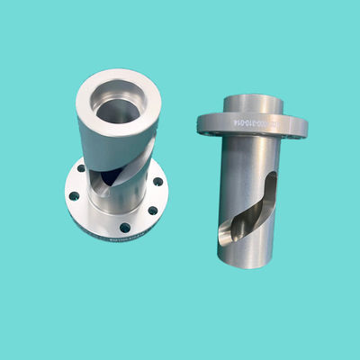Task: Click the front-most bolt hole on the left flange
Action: click(124, 224)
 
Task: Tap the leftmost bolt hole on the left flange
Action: click(77, 192)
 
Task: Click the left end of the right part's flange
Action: click(202, 121)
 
